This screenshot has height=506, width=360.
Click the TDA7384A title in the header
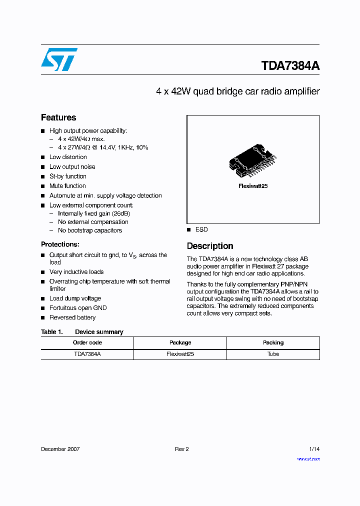pyautogui.click(x=290, y=66)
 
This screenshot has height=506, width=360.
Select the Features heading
pyautogui.click(x=58, y=117)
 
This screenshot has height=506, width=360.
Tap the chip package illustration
pyautogui.click(x=253, y=161)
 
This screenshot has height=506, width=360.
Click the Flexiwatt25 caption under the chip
pyautogui.click(x=253, y=185)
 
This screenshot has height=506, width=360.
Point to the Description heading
pyautogui.click(x=210, y=246)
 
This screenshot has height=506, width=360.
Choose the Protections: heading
pyautogui.click(x=60, y=244)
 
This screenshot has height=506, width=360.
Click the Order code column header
pyautogui.click(x=87, y=342)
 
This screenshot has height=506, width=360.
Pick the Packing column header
pyautogui.click(x=273, y=342)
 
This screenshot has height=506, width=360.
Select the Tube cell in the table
pyautogui.click(x=273, y=354)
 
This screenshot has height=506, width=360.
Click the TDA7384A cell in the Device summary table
pyautogui.click(x=87, y=354)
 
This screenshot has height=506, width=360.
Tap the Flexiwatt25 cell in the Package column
pyautogui.click(x=180, y=354)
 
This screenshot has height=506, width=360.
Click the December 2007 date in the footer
pyautogui.click(x=60, y=449)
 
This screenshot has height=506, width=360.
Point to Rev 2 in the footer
pyautogui.click(x=181, y=449)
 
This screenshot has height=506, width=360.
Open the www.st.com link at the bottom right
pyautogui.click(x=308, y=458)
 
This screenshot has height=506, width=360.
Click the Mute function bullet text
pyautogui.click(x=67, y=186)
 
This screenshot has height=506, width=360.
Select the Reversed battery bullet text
pyautogui.click(x=72, y=317)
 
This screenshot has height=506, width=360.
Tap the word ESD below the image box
pyautogui.click(x=201, y=229)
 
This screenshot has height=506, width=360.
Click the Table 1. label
pyautogui.click(x=51, y=332)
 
